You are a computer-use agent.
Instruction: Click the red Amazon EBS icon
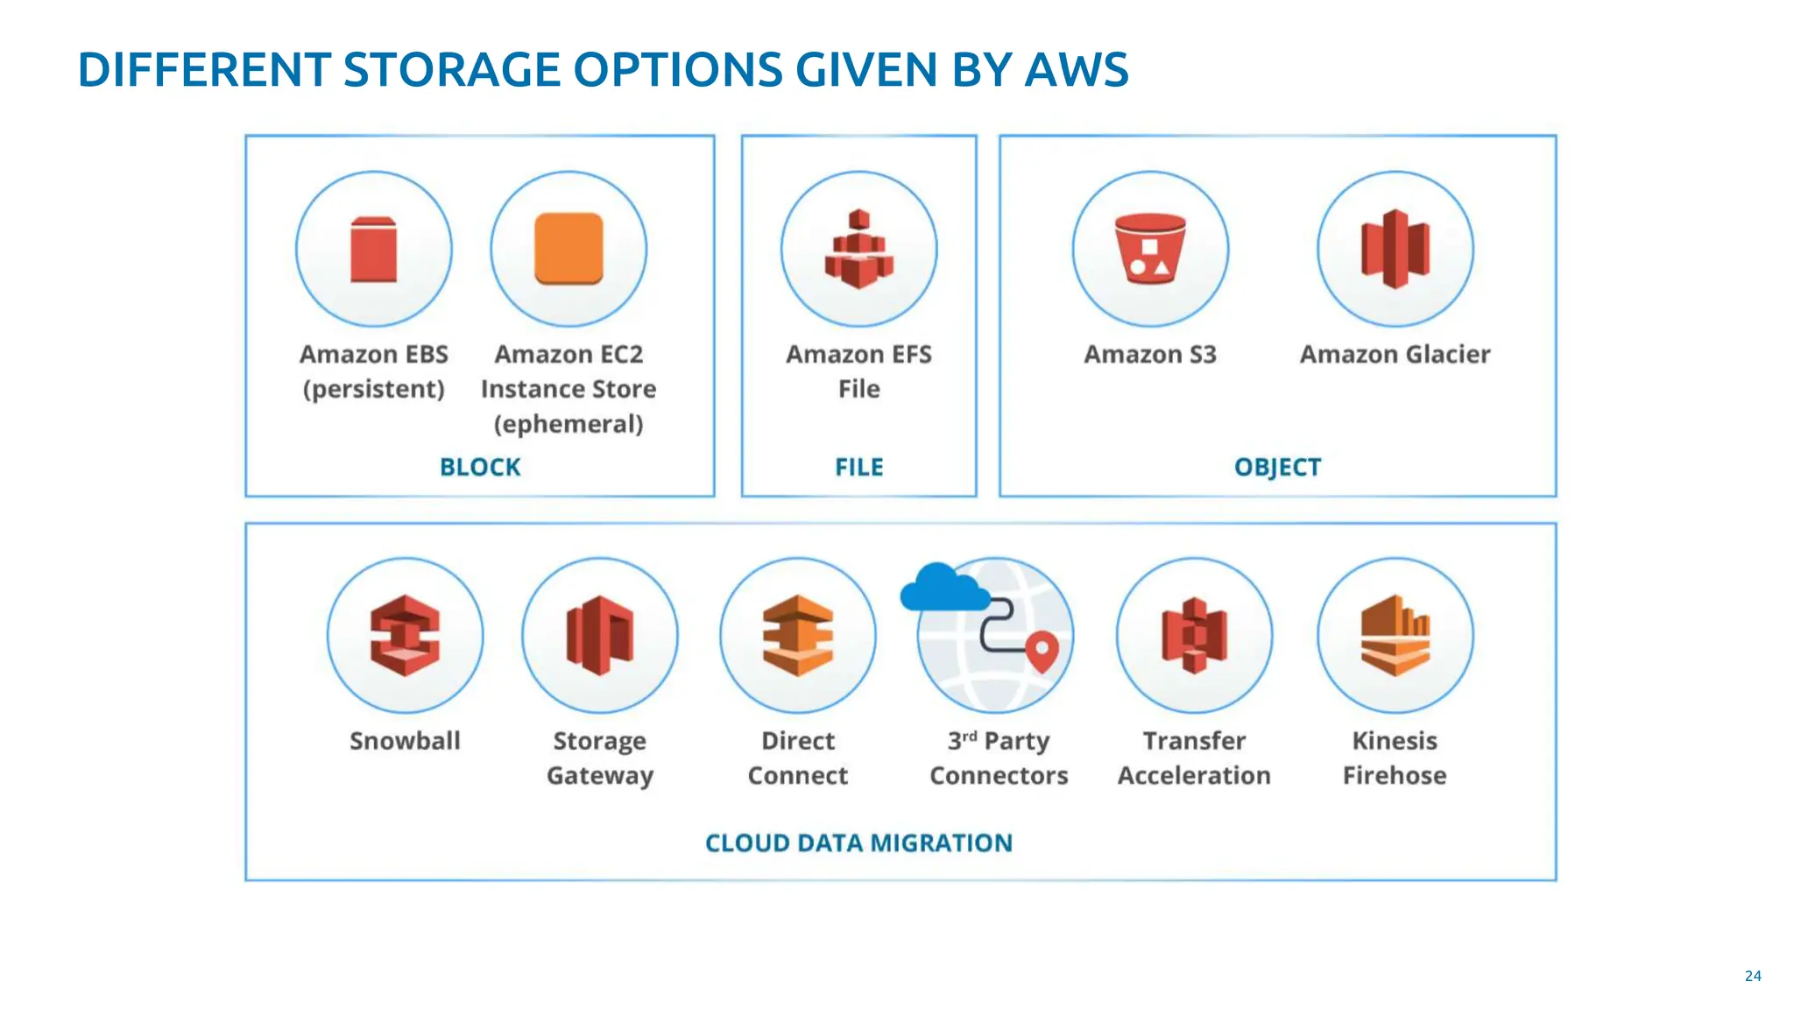coord(373,250)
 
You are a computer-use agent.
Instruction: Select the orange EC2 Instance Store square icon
coord(569,249)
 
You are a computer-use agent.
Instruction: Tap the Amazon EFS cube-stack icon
coord(858,250)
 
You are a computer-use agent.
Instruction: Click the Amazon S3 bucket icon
coord(1150,250)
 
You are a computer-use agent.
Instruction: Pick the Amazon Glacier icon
coord(1395,250)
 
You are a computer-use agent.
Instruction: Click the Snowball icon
coord(405,635)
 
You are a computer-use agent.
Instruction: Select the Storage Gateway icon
coord(600,635)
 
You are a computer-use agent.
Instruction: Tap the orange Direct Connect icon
coord(797,635)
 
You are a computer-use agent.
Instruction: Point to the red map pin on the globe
coord(1042,650)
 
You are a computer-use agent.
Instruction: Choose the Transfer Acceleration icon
coord(1194,635)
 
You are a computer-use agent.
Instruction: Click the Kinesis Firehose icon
coord(1395,635)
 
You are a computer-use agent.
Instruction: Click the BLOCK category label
coord(480,467)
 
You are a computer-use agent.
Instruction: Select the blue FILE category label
coord(858,467)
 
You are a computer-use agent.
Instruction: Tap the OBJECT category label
coord(1277,467)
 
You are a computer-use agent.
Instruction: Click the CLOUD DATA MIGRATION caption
coord(858,843)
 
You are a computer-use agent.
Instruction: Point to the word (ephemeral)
coord(569,424)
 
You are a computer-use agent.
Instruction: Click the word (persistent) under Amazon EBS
coord(373,389)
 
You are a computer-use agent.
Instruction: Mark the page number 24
coord(1752,976)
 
